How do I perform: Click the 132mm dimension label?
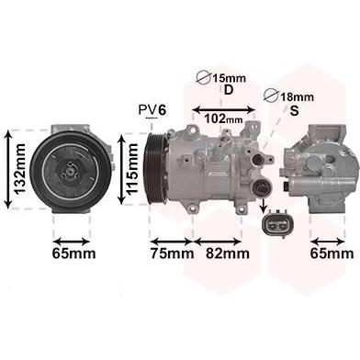click(20, 169)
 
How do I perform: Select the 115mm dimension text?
click(133, 169)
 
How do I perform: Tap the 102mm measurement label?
click(223, 118)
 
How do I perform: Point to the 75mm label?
click(172, 253)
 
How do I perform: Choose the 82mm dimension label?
click(228, 253)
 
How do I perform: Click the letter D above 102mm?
click(229, 90)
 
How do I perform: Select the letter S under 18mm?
click(294, 110)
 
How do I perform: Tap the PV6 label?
click(152, 110)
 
